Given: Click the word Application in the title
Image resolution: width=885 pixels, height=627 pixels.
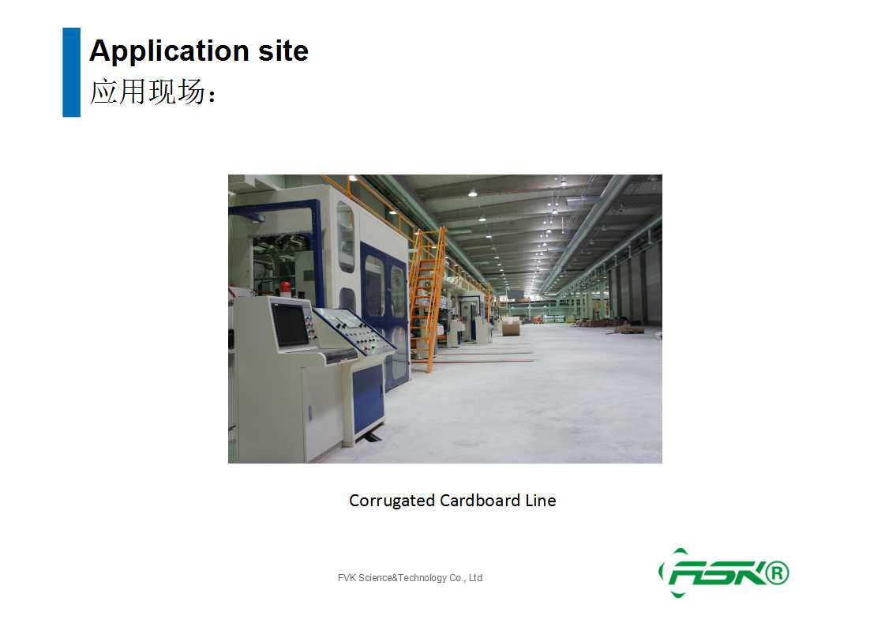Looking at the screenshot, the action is point(169,51).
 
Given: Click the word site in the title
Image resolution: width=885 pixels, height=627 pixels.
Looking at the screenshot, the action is point(283,51).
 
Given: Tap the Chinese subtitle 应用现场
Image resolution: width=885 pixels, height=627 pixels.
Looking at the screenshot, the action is point(148,92).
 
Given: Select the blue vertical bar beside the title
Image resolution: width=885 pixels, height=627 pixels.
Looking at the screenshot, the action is point(71,72).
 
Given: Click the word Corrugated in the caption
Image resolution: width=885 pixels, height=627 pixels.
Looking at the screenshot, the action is point(392,501).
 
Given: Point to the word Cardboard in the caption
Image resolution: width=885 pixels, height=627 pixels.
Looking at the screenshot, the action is point(480,500).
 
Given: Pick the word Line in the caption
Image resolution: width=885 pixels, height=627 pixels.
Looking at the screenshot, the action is point(541,500).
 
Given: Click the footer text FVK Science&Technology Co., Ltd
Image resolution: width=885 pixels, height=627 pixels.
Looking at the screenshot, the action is point(410,578).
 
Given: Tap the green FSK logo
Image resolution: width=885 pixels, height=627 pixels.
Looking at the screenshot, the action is point(724,573).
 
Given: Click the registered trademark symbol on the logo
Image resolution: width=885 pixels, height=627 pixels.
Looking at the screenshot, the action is point(777,573).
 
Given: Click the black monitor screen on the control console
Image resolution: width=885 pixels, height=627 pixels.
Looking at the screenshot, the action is point(291,325).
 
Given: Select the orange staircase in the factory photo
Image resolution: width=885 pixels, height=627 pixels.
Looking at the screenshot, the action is point(428,299).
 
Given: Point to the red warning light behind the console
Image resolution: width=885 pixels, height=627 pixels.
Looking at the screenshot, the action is point(286,287).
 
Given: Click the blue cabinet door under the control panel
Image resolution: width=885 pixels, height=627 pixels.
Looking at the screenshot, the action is point(367,397).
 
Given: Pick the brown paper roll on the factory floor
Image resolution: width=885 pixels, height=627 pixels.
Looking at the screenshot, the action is point(511,326).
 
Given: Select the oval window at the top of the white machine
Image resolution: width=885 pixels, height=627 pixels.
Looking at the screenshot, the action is point(346,237).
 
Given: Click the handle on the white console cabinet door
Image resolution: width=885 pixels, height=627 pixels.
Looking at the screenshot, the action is point(309,413).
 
